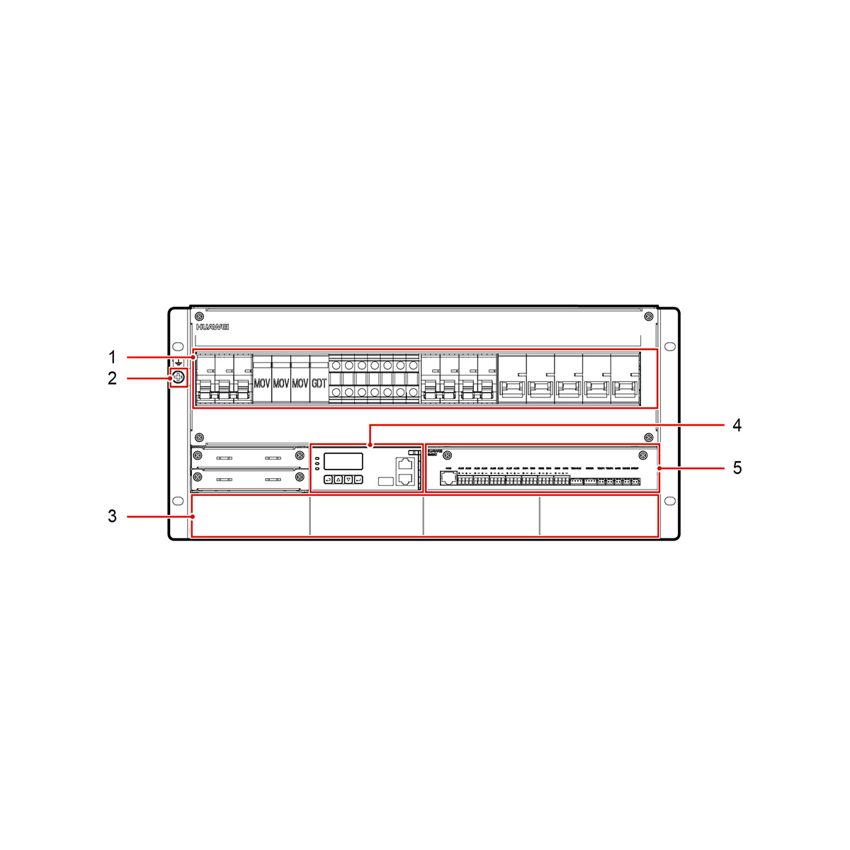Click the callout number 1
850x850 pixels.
click(x=112, y=356)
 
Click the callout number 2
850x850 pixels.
click(x=112, y=379)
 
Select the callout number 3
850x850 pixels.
click(x=112, y=516)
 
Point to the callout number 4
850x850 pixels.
click(x=737, y=425)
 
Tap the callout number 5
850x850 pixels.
click(x=737, y=467)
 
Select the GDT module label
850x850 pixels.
click(x=319, y=383)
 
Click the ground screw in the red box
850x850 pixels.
click(x=178, y=378)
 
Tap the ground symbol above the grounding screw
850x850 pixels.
click(x=178, y=363)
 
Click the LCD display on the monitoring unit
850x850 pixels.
click(x=344, y=462)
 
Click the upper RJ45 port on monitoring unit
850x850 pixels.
click(x=405, y=465)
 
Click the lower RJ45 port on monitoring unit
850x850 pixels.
click(x=405, y=479)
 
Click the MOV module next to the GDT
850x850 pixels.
click(x=300, y=383)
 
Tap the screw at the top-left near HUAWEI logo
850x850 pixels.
click(x=200, y=316)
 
